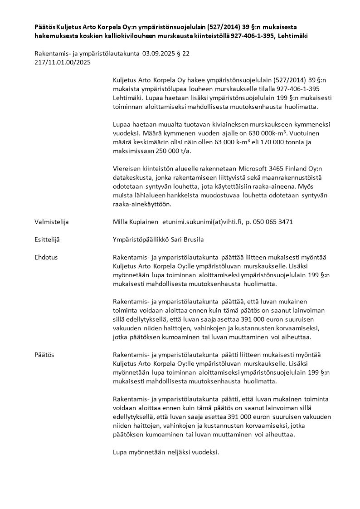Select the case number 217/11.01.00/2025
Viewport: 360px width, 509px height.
(63, 63)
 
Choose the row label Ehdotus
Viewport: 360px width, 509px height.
(46, 257)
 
